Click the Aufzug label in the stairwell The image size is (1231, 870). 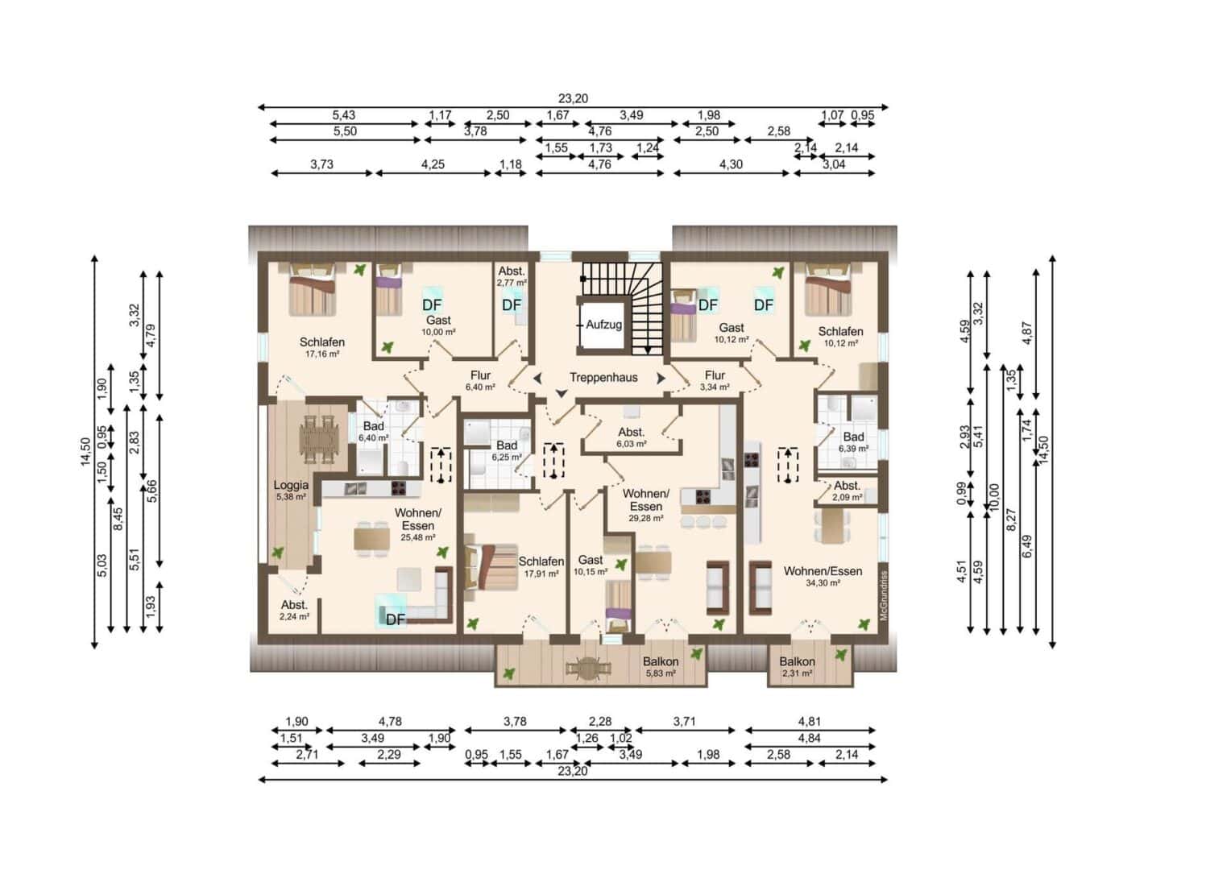tap(603, 325)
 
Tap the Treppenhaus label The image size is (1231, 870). tap(603, 378)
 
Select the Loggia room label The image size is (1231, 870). tap(291, 485)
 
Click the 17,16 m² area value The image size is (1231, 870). tap(322, 354)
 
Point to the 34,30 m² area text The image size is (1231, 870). tap(823, 583)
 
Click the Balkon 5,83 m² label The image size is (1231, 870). tap(661, 667)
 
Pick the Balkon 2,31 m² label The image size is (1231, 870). tap(797, 667)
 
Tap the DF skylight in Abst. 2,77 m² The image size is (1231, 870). tap(512, 305)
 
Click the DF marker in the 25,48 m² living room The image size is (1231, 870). tap(396, 620)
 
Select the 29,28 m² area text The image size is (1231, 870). tap(646, 518)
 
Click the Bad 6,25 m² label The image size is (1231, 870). tap(507, 450)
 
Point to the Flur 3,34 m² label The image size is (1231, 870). tap(715, 381)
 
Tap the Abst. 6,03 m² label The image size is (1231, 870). tap(631, 437)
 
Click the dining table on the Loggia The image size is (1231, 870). tap(318, 439)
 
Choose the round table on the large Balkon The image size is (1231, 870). tap(589, 669)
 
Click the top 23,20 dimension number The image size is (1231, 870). tap(573, 99)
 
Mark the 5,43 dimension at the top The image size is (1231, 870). tap(343, 115)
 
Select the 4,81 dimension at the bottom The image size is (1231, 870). tap(810, 721)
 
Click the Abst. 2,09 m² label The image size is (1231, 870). tap(847, 491)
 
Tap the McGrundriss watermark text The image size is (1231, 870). tap(883, 596)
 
